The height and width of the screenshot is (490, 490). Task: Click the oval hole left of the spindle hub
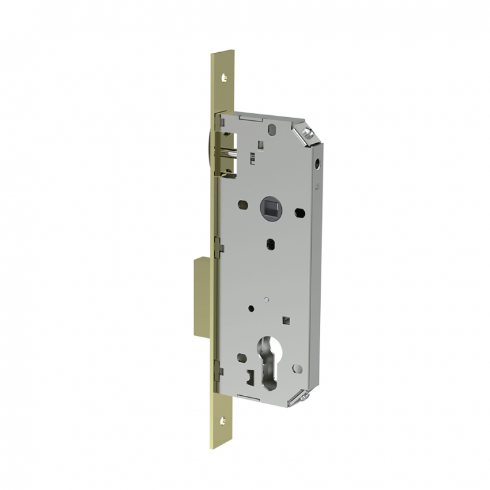[242, 205]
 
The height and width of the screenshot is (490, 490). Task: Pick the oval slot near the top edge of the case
[272, 129]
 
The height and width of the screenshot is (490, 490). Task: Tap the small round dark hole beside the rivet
[253, 307]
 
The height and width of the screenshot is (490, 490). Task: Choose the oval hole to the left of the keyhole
[242, 357]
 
